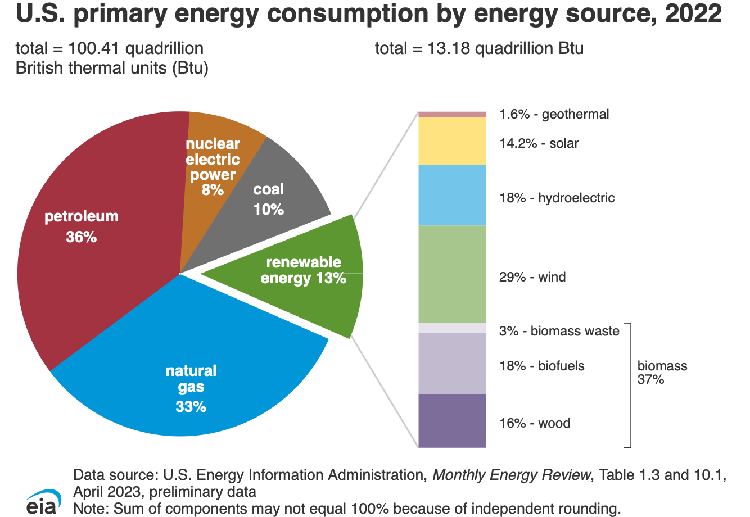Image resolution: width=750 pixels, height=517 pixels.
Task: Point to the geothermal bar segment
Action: click(x=452, y=114)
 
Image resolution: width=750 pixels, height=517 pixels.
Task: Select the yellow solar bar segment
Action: click(x=452, y=140)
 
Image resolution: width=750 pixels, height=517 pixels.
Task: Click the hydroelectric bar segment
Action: click(x=452, y=195)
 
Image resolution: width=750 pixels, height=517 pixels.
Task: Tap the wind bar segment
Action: click(x=452, y=274)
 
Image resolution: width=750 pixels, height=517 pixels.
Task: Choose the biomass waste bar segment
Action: click(x=452, y=328)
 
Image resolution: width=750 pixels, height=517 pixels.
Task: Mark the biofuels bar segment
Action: click(x=452, y=363)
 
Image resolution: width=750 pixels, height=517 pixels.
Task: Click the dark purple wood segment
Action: click(x=452, y=420)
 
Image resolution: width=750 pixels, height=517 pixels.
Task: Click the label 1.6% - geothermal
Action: click(x=554, y=114)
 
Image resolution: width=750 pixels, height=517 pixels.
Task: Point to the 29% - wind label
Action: click(x=532, y=277)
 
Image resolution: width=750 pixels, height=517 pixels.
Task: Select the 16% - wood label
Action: click(x=534, y=423)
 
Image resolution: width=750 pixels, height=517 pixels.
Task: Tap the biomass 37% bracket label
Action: click(x=662, y=373)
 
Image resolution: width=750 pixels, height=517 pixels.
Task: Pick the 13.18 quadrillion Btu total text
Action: click(x=479, y=48)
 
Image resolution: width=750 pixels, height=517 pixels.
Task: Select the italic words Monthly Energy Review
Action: click(x=511, y=475)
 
